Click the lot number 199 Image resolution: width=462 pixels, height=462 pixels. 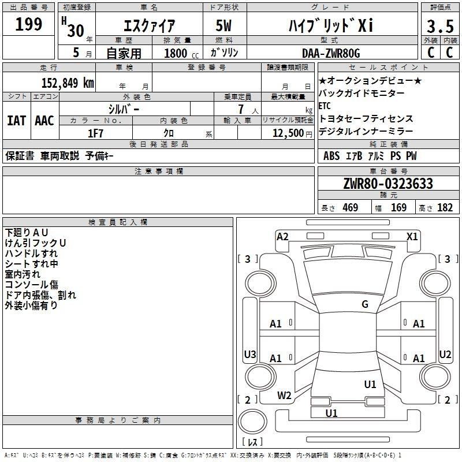pyautogui.click(x=29, y=25)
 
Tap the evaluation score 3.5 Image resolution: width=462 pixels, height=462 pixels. pyautogui.click(x=439, y=27)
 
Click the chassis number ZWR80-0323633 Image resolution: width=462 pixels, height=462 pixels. pyautogui.click(x=388, y=184)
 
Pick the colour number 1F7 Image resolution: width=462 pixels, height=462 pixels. pyautogui.click(x=95, y=133)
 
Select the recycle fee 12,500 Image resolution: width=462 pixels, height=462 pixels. pyautogui.click(x=287, y=133)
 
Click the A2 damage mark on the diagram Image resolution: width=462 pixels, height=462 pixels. pyautogui.click(x=282, y=236)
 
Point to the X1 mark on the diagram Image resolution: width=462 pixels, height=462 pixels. pyautogui.click(x=412, y=236)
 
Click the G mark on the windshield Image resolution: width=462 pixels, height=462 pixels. pyautogui.click(x=365, y=304)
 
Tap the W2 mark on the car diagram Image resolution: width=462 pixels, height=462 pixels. pyautogui.click(x=284, y=396)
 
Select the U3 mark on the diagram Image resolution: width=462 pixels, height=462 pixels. pyautogui.click(x=250, y=355)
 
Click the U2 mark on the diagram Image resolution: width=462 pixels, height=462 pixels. pyautogui.click(x=445, y=354)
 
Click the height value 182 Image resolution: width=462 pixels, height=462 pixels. pyautogui.click(x=445, y=208)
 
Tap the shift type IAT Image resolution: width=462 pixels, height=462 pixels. pyautogui.click(x=16, y=121)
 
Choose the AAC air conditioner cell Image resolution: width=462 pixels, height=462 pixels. pyautogui.click(x=44, y=121)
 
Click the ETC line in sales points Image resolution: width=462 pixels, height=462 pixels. pyautogui.click(x=325, y=106)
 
